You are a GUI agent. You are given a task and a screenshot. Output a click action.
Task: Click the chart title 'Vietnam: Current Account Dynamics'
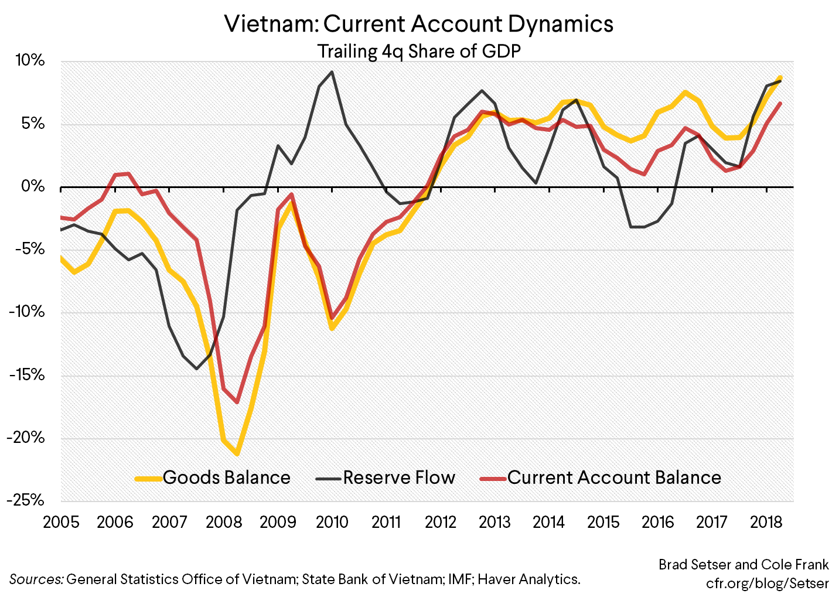point(419,24)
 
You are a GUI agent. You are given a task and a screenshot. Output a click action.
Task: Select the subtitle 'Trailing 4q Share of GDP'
point(419,52)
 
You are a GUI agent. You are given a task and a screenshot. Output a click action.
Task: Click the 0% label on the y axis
point(33,186)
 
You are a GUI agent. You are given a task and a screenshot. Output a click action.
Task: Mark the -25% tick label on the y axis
point(26,500)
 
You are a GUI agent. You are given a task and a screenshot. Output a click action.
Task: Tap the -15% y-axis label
point(26,375)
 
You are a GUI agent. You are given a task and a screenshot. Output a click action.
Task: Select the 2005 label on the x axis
point(61,522)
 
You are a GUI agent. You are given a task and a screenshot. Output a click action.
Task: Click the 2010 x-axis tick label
point(332,522)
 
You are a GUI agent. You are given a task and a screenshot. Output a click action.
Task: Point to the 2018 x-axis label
point(766,522)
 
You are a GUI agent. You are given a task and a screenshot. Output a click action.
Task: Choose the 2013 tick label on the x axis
point(494,522)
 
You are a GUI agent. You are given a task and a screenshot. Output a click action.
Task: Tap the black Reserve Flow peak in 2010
point(332,72)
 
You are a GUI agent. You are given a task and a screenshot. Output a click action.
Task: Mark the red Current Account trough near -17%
point(237,402)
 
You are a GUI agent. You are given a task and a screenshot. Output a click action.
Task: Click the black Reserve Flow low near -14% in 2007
point(196,369)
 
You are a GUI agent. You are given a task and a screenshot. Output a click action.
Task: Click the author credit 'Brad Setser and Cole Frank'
point(743,564)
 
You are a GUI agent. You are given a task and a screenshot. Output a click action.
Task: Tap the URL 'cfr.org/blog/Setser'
point(767,583)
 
